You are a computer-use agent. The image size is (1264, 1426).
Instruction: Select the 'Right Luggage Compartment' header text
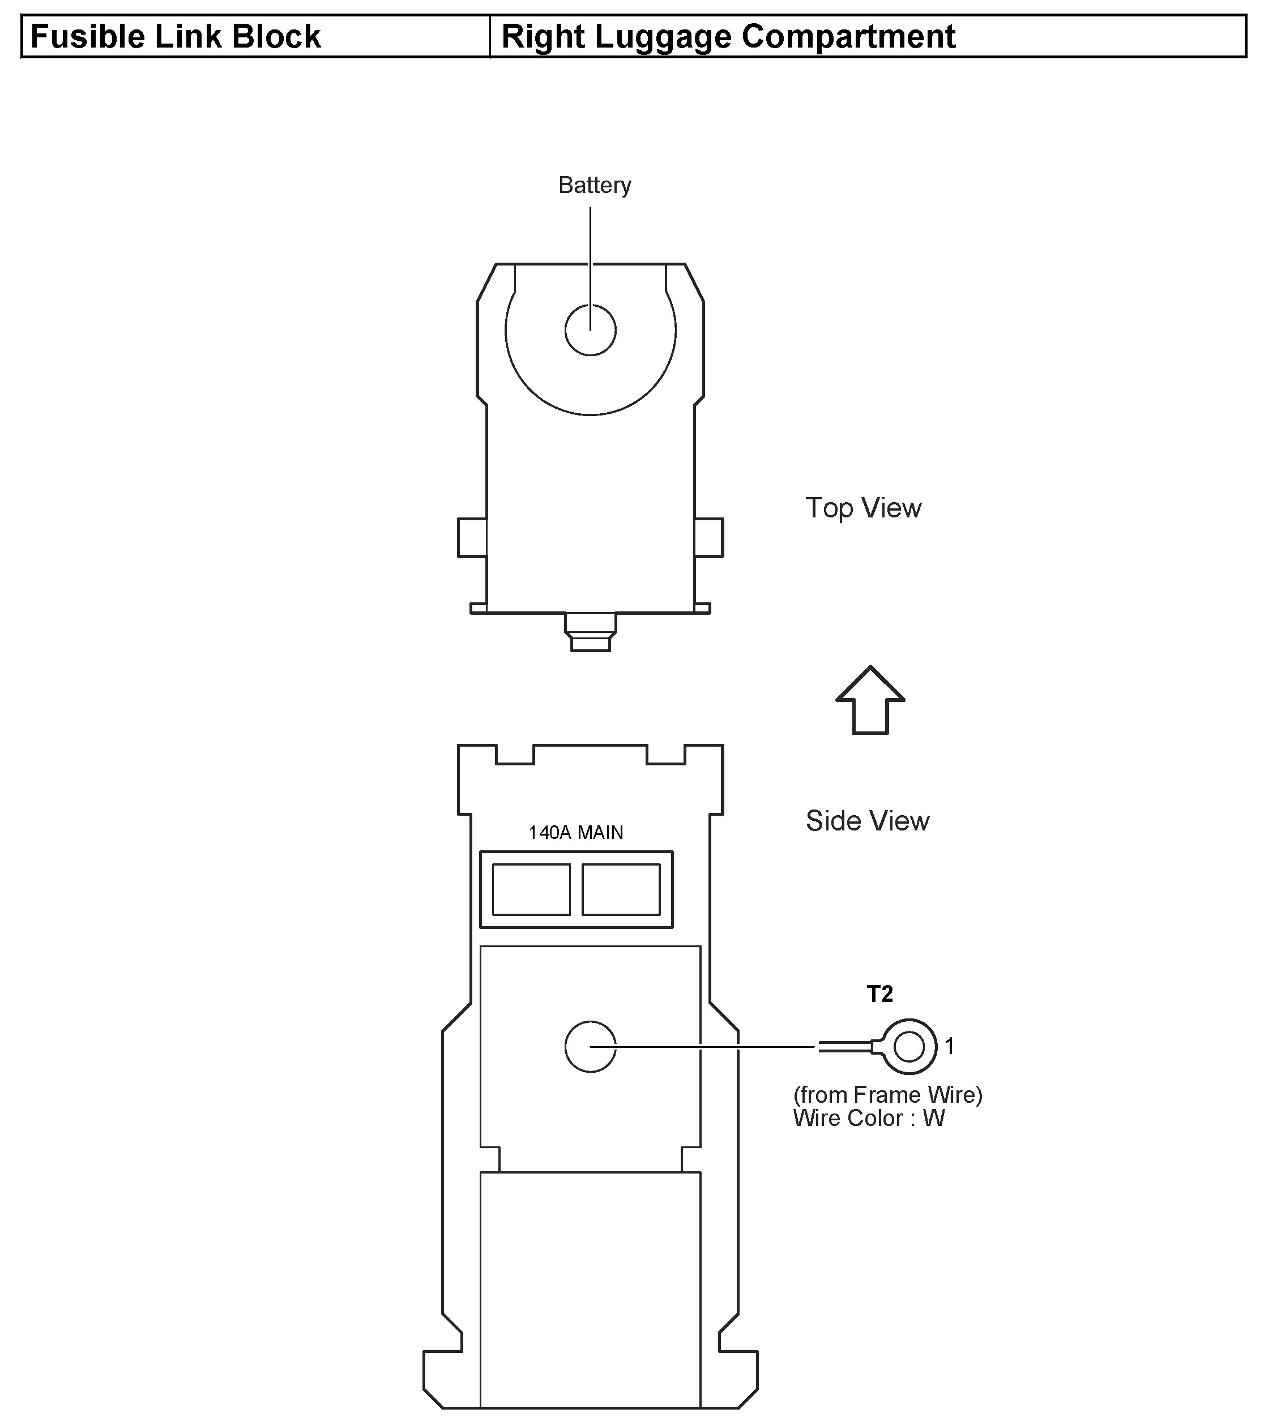[728, 36]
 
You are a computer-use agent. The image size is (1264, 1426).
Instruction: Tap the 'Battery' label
[595, 185]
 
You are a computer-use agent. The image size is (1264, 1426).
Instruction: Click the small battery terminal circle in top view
[591, 330]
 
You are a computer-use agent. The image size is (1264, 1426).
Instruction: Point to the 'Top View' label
[864, 508]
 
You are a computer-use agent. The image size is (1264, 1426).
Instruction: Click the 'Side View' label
[868, 821]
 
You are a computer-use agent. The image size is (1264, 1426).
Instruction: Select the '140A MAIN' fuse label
[576, 832]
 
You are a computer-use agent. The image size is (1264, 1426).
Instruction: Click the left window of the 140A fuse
[531, 889]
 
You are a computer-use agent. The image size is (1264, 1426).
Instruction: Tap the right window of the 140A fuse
[621, 889]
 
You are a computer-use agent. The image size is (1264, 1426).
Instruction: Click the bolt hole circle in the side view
[591, 1047]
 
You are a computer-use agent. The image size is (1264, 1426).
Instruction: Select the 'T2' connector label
[879, 994]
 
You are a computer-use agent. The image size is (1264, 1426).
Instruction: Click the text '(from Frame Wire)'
[888, 1095]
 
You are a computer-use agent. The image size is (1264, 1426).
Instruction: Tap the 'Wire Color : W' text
[869, 1119]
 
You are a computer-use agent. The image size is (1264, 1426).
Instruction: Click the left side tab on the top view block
[472, 537]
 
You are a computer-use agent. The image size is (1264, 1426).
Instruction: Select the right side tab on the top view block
[709, 537]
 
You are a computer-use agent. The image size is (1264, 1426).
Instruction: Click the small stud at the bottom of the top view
[591, 631]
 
